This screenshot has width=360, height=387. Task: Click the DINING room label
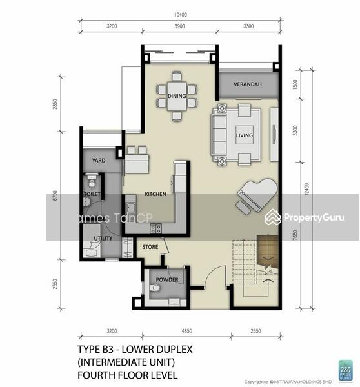point(177,97)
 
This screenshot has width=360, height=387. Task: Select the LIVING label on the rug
point(245,135)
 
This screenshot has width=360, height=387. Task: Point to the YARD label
point(99,161)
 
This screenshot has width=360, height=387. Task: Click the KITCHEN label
point(155,194)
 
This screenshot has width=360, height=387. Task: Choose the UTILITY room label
point(103,239)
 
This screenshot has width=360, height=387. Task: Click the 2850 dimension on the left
point(56,104)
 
